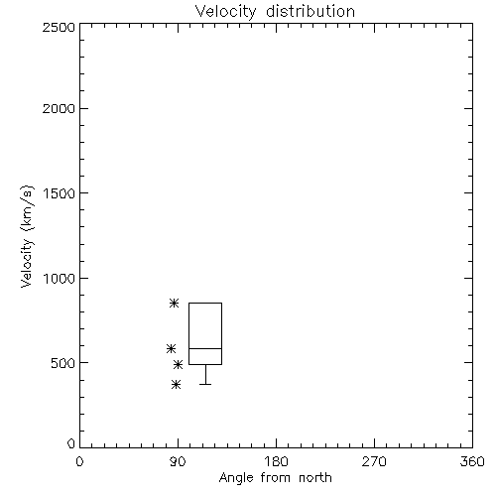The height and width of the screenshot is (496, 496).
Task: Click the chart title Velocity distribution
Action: [275, 12]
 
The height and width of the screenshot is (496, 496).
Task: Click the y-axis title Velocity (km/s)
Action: [27, 236]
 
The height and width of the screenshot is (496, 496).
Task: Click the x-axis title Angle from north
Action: [275, 478]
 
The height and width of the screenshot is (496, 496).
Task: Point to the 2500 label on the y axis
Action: [59, 27]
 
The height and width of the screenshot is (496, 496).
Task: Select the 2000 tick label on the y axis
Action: [59, 108]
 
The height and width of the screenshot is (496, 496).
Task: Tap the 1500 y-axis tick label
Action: [60, 192]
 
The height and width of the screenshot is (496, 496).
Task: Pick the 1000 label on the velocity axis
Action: [60, 278]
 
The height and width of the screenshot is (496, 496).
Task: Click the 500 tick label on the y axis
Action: [63, 363]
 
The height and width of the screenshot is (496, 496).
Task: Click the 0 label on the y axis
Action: [71, 443]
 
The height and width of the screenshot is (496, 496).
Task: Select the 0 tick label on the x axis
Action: [79, 461]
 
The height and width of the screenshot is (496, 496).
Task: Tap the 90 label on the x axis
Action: [178, 461]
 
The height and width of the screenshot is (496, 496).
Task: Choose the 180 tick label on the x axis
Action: [276, 461]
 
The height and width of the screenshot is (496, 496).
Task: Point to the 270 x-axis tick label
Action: [374, 461]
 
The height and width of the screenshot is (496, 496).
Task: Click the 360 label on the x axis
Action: [472, 461]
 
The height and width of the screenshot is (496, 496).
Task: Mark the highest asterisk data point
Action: [175, 303]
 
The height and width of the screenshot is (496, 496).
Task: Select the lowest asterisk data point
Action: [177, 384]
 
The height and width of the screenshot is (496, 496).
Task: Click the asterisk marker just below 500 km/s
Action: [179, 365]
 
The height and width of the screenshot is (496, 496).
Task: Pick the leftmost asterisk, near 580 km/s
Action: [171, 348]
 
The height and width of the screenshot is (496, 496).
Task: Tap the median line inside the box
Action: [205, 348]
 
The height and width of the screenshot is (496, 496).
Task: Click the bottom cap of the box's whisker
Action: [205, 384]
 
